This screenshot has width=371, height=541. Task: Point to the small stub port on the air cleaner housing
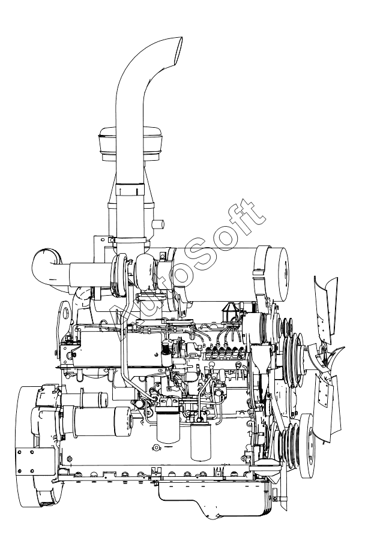pyautogui.click(x=158, y=224)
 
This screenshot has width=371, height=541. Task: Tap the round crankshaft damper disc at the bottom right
pyautogui.click(x=308, y=445)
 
